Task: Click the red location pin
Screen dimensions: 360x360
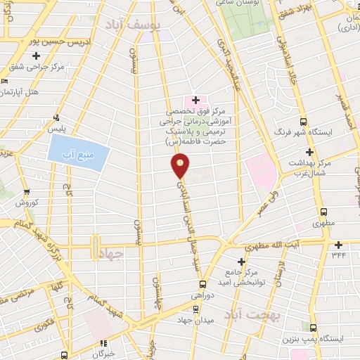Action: (180, 166)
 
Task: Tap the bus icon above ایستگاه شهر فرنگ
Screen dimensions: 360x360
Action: (304, 121)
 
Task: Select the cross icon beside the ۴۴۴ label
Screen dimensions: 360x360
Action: (339, 245)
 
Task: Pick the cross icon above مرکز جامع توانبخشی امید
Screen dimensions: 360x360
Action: (241, 262)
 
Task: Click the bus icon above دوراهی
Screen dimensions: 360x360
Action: (202, 285)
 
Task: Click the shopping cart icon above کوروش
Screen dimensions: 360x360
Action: (27, 192)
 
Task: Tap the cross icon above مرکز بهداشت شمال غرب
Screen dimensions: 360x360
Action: (309, 152)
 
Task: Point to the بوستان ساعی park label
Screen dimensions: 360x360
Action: (255, 4)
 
